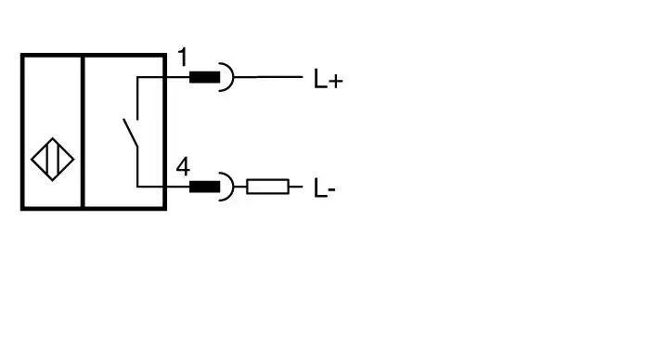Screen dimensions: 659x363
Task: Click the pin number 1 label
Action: click(x=183, y=58)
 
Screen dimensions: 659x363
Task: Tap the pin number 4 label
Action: click(x=183, y=166)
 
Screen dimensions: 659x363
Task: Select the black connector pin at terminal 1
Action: click(x=205, y=77)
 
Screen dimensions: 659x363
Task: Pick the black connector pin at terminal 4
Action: click(x=205, y=187)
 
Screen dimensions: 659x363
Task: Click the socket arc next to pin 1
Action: click(x=232, y=77)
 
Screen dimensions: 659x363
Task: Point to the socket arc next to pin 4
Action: click(x=232, y=187)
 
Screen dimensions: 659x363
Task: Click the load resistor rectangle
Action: click(x=267, y=187)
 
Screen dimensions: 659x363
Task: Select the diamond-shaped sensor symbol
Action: click(x=53, y=160)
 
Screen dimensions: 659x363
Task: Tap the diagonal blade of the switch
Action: click(x=130, y=133)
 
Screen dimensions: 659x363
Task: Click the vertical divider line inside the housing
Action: click(x=83, y=132)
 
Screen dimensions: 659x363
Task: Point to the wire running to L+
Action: click(x=268, y=77)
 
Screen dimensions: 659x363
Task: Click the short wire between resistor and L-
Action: click(x=296, y=187)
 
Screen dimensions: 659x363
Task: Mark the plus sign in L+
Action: click(x=336, y=81)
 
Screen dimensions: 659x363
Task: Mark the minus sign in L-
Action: click(x=331, y=190)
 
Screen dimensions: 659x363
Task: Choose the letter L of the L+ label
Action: click(x=320, y=79)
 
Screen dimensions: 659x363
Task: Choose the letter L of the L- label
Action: click(x=320, y=188)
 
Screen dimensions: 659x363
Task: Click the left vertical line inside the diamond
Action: click(x=47, y=160)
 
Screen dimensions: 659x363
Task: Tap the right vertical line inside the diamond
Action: click(x=58, y=160)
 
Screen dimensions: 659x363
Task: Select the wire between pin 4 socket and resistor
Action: click(x=240, y=187)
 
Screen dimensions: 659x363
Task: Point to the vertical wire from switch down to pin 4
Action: click(x=137, y=167)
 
